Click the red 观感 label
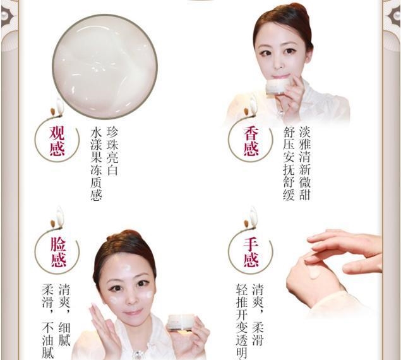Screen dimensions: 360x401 57,140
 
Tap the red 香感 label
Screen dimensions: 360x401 252,140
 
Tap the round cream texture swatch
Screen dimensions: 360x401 104,66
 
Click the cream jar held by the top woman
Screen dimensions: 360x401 275,87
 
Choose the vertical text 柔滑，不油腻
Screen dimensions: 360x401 47,322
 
